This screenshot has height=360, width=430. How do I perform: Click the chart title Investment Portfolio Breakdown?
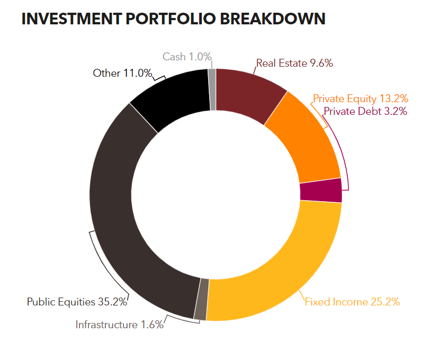[x=173, y=19]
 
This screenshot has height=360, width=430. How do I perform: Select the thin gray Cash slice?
[x=212, y=89]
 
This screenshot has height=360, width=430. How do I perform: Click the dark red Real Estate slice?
[x=248, y=93]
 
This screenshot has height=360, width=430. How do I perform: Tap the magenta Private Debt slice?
[x=321, y=191]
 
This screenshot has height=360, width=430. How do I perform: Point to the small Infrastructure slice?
[x=201, y=299]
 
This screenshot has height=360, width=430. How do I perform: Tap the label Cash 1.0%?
[x=187, y=57]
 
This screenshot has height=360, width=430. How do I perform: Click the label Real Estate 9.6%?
[x=294, y=64]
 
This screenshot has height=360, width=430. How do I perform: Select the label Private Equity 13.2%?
[x=361, y=98]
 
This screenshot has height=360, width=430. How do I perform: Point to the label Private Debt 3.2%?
[x=365, y=111]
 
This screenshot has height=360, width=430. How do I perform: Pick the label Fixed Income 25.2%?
[x=352, y=302]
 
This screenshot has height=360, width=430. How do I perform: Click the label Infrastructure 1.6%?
[x=120, y=325]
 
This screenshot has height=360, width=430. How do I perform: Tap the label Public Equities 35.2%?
[x=77, y=302]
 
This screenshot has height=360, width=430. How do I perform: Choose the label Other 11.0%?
[x=122, y=73]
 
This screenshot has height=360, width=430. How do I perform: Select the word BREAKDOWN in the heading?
[x=273, y=19]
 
